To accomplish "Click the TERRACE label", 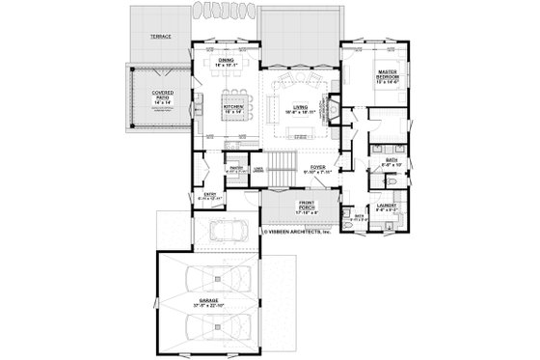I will point(161,35).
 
